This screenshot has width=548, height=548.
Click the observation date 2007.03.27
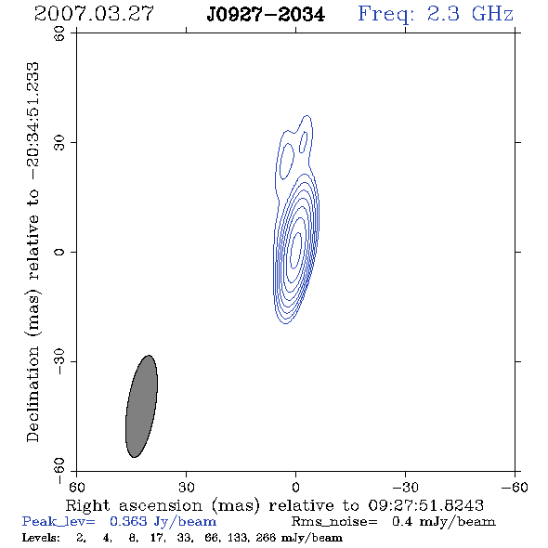tap(94, 14)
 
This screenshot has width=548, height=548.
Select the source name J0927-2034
tap(266, 15)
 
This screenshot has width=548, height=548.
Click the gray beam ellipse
tap(141, 406)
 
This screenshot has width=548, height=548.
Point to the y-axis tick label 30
tap(59, 142)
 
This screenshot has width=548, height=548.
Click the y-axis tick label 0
tap(59, 252)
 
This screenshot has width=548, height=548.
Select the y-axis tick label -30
tap(59, 361)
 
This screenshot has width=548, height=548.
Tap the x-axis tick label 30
tap(186, 487)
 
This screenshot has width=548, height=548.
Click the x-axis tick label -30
tap(405, 487)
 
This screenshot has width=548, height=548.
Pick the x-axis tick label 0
tap(295, 487)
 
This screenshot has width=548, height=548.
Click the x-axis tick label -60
tap(515, 487)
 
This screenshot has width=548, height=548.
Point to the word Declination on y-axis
tap(33, 394)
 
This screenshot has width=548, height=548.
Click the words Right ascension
tap(134, 505)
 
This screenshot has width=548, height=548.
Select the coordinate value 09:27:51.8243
tap(425, 505)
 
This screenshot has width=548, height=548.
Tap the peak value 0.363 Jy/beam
tap(163, 521)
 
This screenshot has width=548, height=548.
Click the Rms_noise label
tap(334, 522)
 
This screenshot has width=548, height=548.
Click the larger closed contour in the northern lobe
tap(287, 161)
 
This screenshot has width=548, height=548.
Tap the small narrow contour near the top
tap(303, 142)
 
